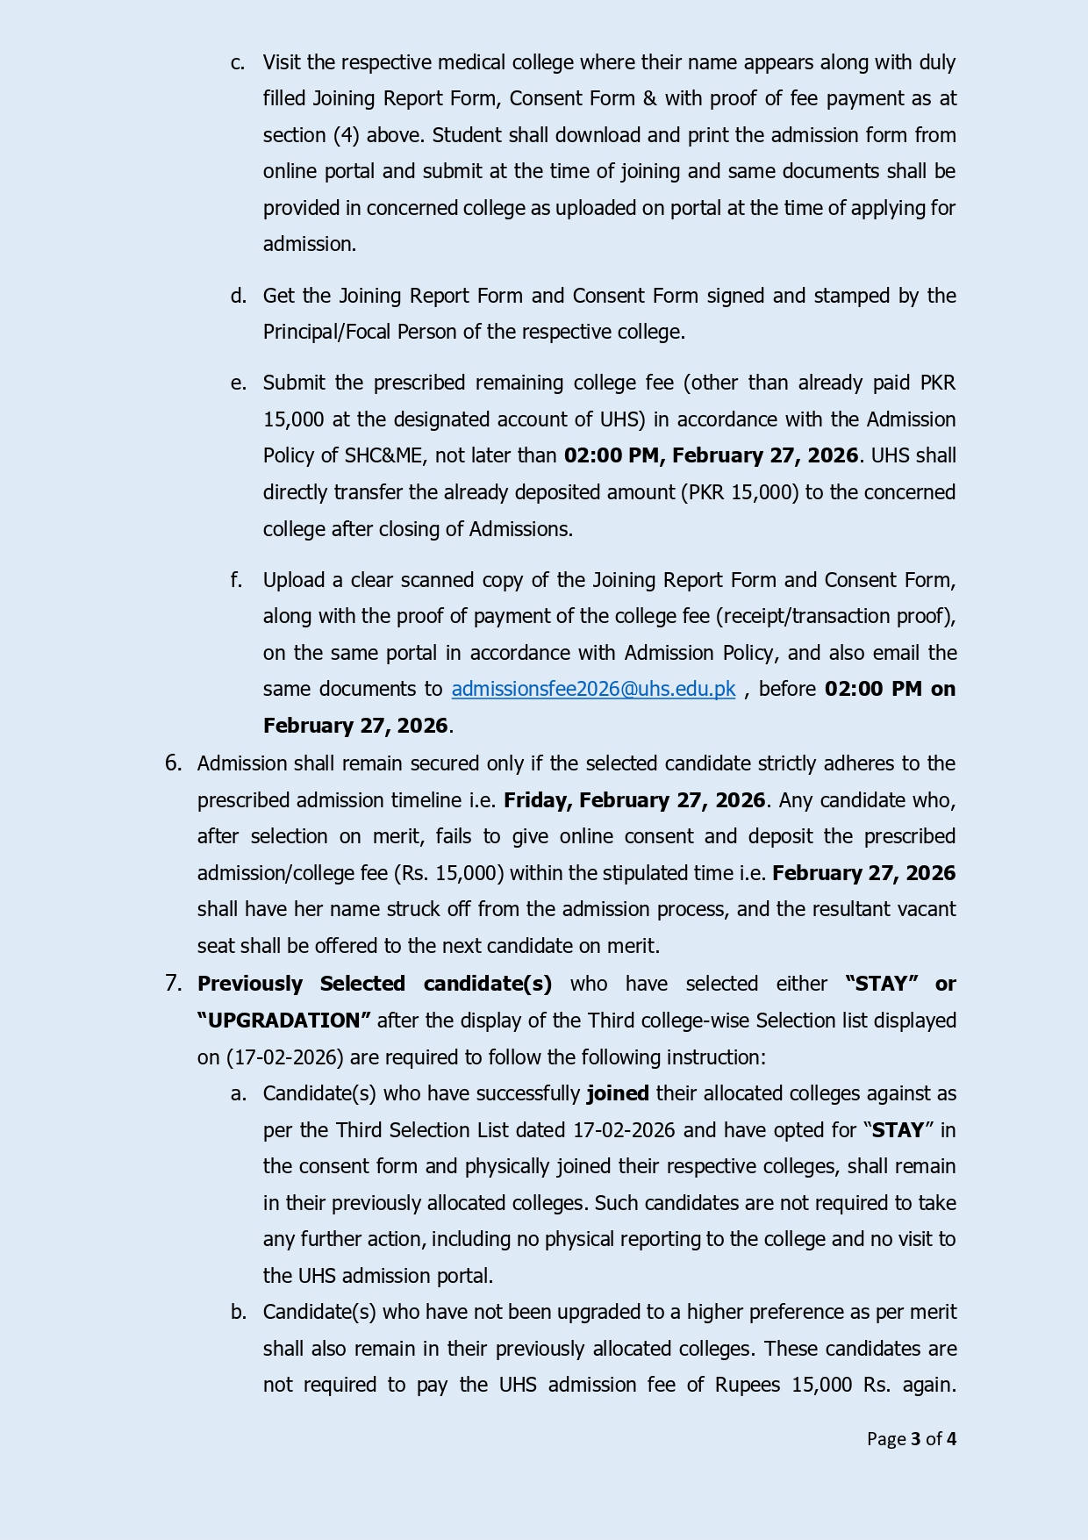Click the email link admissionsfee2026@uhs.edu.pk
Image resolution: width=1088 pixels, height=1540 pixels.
tap(593, 690)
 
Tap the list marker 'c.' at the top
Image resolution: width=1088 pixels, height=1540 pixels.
tap(238, 63)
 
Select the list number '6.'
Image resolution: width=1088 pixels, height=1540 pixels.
tap(174, 763)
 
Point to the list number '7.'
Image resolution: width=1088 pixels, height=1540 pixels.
tap(174, 984)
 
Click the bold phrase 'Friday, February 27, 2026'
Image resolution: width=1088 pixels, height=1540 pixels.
tap(634, 800)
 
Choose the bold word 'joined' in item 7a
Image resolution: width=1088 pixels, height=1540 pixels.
tap(618, 1093)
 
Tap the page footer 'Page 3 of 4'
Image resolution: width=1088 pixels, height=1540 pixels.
tap(911, 1438)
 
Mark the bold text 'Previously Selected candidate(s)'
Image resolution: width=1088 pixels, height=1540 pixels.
tap(375, 984)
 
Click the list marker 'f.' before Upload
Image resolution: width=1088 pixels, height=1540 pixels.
tap(237, 580)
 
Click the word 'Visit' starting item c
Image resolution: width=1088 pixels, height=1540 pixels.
tap(282, 63)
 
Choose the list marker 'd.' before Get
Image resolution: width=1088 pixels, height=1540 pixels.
tap(238, 296)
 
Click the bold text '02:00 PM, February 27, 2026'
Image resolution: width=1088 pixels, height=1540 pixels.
tap(711, 455)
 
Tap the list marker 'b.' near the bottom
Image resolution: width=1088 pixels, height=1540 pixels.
tap(238, 1312)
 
